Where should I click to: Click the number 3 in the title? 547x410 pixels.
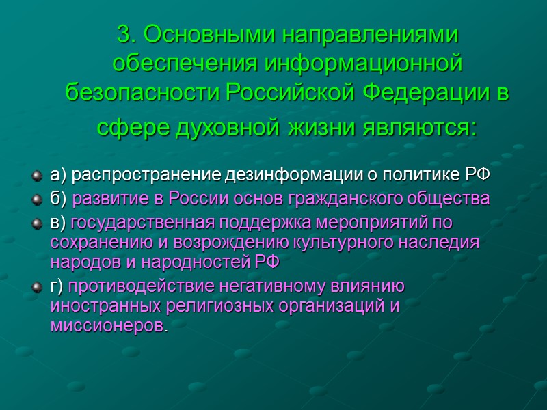click(123, 33)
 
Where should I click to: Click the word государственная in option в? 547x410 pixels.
click(142, 222)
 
